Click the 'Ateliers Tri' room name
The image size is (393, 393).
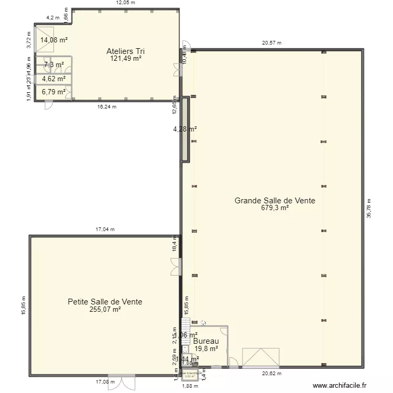pyautogui.click(x=126, y=51)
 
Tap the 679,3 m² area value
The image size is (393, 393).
pyautogui.click(x=275, y=208)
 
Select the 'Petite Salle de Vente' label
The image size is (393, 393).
pyautogui.click(x=105, y=302)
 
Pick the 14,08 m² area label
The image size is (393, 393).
pyautogui.click(x=54, y=39)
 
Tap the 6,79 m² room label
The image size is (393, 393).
pyautogui.click(x=54, y=92)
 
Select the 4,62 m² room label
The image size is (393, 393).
pyautogui.click(x=54, y=79)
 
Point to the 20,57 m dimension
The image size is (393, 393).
pyautogui.click(x=271, y=43)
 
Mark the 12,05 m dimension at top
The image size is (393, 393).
pyautogui.click(x=125, y=3)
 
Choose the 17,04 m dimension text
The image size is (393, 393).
pyautogui.click(x=105, y=229)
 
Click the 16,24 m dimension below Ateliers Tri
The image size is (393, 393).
pyautogui.click(x=107, y=106)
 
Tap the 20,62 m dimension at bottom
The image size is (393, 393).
pyautogui.click(x=271, y=374)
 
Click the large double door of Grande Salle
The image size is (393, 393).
pyautogui.click(x=260, y=357)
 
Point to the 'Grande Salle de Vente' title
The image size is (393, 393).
pyautogui.click(x=275, y=200)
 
